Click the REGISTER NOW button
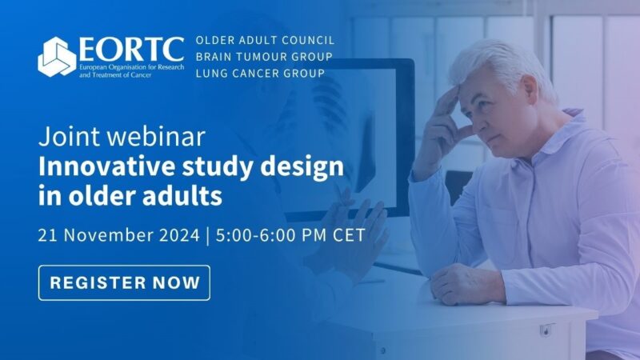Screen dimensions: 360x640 124,282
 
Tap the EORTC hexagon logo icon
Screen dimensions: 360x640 58,57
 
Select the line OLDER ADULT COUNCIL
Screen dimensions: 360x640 265,40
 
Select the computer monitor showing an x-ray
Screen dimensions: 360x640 352,136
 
